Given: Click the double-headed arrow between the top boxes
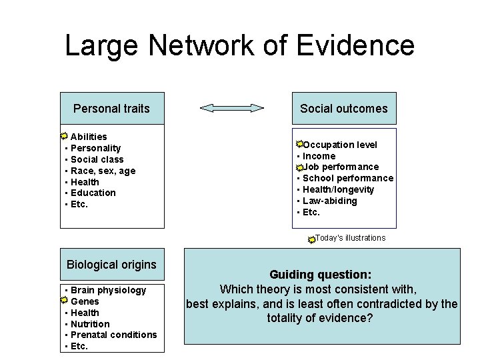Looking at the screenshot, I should pyautogui.click(x=232, y=108).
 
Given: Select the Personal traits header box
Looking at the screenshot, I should pyautogui.click(x=111, y=108).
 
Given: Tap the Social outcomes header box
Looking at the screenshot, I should pyautogui.click(x=343, y=108).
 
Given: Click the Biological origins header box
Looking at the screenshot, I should pyautogui.click(x=111, y=265).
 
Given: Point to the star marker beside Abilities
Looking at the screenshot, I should pyautogui.click(x=64, y=137).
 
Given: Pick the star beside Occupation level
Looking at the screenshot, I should pyautogui.click(x=300, y=144).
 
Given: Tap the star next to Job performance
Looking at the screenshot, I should pyautogui.click(x=300, y=167).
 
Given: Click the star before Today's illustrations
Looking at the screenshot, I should pyautogui.click(x=311, y=239).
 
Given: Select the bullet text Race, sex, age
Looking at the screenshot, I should pyautogui.click(x=103, y=171).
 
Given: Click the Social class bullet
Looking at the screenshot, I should pyautogui.click(x=97, y=159).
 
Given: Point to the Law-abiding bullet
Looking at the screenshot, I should pyautogui.click(x=329, y=201).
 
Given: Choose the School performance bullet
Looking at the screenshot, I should pyautogui.click(x=347, y=178).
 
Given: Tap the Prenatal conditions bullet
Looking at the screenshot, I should pyautogui.click(x=113, y=335).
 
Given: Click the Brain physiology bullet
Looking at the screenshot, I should pyautogui.click(x=108, y=290).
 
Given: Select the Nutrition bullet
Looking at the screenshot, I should pyautogui.click(x=90, y=324).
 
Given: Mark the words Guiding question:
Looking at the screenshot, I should pyautogui.click(x=321, y=275).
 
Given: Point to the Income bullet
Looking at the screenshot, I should pyautogui.click(x=319, y=156).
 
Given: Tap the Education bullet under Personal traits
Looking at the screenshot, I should pyautogui.click(x=93, y=193).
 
